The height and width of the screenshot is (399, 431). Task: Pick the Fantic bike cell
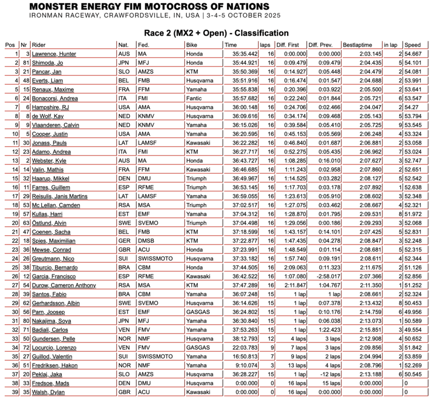point(193,98)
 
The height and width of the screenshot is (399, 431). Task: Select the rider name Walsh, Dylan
point(48,392)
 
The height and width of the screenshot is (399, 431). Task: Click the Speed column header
point(413,45)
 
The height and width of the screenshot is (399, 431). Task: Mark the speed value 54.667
point(413,54)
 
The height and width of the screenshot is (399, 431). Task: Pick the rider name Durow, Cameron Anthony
point(64,285)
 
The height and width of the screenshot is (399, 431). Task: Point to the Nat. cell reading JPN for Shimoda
point(124,63)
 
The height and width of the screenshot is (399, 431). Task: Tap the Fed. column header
point(143,45)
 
